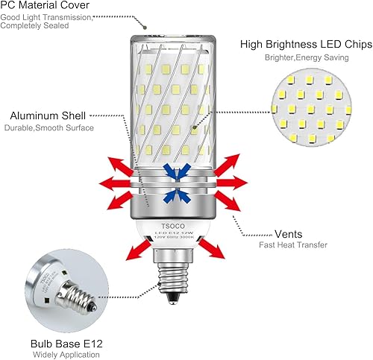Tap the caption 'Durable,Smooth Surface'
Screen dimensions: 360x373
[x=52, y=128]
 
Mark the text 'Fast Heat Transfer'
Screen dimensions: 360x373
[x=294, y=244]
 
